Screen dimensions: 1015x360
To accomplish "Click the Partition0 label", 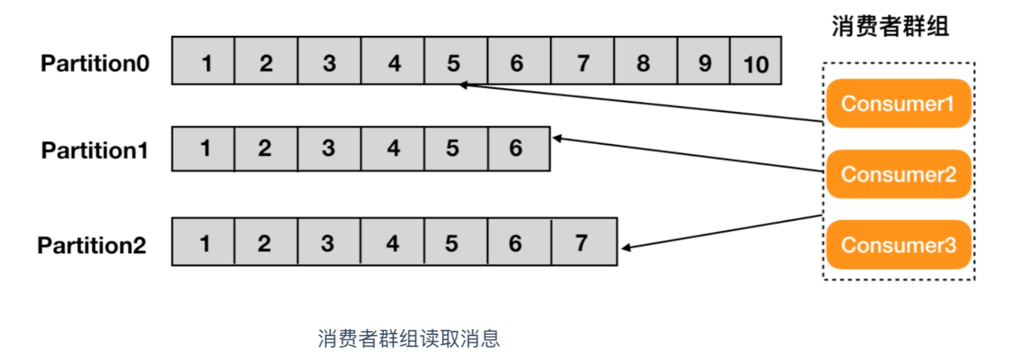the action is [95, 63].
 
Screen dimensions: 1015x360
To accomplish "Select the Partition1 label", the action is [95, 150].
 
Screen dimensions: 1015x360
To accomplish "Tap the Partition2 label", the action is [92, 245].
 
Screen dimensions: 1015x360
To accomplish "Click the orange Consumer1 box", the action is [898, 103].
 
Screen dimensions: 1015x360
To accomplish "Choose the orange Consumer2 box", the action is [898, 174].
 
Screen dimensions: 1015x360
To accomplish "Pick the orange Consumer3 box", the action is [898, 244].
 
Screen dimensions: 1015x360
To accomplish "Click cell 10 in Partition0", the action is [756, 61].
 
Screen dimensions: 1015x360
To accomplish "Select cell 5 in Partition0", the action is [456, 61].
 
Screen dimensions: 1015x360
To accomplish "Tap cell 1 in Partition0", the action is [203, 61].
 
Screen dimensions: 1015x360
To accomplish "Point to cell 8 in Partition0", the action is [646, 61].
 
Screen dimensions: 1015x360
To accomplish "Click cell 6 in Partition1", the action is [519, 149].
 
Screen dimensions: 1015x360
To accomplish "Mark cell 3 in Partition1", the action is [330, 149].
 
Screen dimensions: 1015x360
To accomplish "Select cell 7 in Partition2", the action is [584, 242].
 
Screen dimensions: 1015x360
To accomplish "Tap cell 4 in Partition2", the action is [393, 242].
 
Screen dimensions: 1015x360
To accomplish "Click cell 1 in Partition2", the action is [203, 242].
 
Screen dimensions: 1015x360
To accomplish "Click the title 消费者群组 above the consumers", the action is [890, 26].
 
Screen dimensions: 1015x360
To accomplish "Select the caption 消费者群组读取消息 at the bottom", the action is [409, 339].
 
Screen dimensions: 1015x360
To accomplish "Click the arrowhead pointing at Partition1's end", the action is [557, 139].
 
